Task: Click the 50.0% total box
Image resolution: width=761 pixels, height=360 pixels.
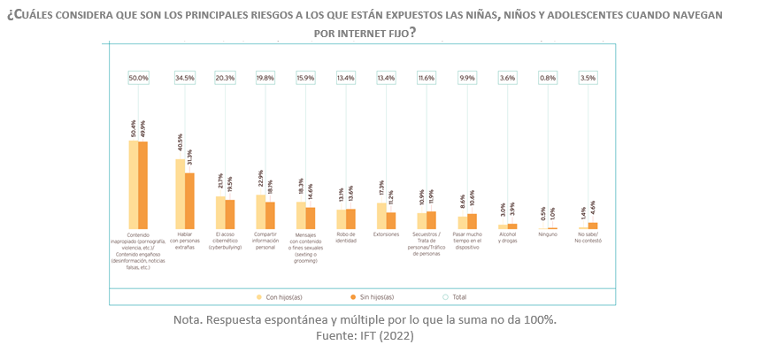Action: click(138, 78)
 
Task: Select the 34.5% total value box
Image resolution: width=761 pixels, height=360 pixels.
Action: click(184, 78)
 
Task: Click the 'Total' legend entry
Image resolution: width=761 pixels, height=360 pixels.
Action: click(454, 296)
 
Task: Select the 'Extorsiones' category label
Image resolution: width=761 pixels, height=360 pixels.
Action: click(386, 234)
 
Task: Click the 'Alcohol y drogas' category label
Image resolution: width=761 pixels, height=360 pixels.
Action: click(507, 237)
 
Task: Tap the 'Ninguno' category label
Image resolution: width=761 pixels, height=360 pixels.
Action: click(548, 234)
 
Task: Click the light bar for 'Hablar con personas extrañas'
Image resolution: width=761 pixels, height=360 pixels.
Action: click(180, 194)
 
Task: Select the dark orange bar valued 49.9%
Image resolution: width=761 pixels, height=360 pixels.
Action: click(143, 185)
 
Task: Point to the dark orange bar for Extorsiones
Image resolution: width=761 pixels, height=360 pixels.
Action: click(391, 220)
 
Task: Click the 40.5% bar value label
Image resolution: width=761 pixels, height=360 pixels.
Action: click(180, 145)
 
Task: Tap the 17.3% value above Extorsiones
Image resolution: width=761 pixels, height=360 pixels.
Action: click(381, 189)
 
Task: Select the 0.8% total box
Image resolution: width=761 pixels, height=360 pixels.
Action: click(548, 78)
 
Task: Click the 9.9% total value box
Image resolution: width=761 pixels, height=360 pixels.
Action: click(466, 78)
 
